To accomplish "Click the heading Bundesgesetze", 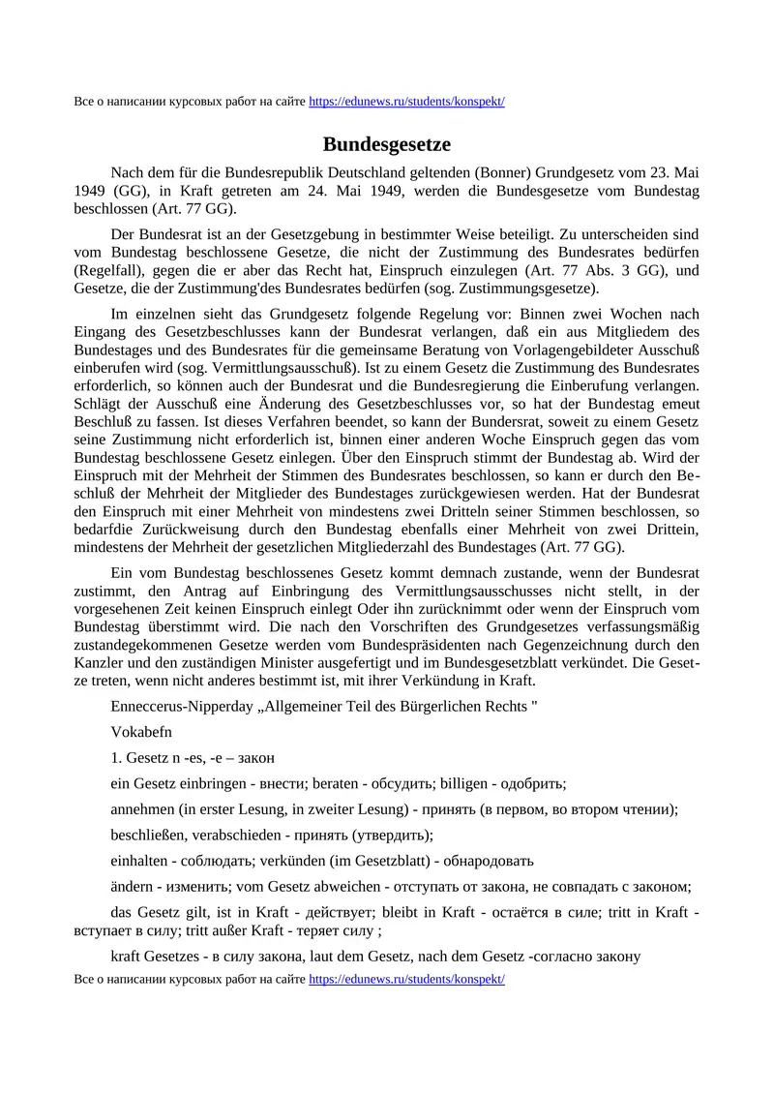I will (x=387, y=144).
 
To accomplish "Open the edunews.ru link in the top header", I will (x=406, y=102).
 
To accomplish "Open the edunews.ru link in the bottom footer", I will (x=406, y=979).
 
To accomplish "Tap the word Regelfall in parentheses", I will (x=107, y=271).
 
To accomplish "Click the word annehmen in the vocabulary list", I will (x=143, y=808).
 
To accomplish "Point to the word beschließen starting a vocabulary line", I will (x=148, y=835).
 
